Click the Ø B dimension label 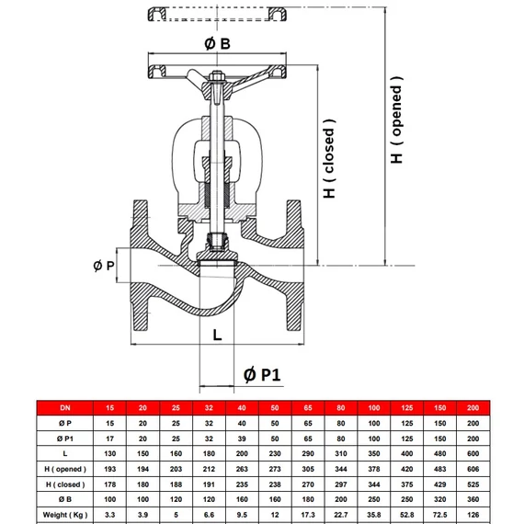[x=217, y=44]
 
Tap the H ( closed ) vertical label [x=329, y=158]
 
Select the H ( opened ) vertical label [x=396, y=120]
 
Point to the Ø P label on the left [x=104, y=266]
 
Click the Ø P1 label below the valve [x=262, y=375]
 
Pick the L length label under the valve [x=217, y=335]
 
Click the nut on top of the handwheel [x=217, y=77]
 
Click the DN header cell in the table [x=65, y=407]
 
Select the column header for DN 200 [x=473, y=407]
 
